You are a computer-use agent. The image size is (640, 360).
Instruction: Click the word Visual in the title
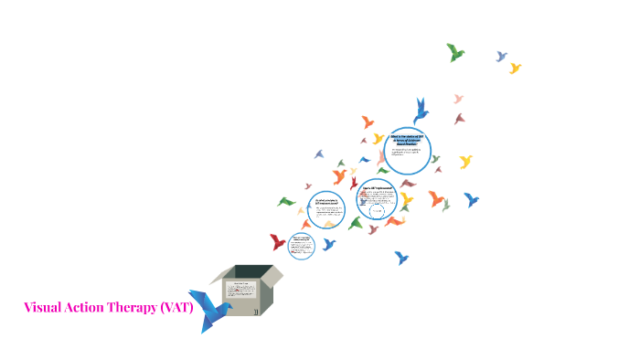point(43,307)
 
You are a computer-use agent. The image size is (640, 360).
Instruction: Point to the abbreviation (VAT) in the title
point(177,307)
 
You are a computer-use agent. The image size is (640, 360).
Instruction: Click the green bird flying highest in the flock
point(454,52)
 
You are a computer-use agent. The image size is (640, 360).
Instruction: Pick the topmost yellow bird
point(515,68)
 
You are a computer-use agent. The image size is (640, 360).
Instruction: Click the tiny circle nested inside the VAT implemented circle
point(377,212)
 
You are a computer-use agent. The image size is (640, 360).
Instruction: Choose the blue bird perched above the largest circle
point(421,111)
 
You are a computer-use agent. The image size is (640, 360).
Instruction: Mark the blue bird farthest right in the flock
point(471,198)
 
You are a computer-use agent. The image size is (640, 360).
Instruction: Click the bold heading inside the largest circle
point(404,137)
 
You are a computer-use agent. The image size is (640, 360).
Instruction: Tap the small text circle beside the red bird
point(302,245)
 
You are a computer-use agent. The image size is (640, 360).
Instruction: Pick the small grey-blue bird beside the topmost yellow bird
point(501,57)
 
